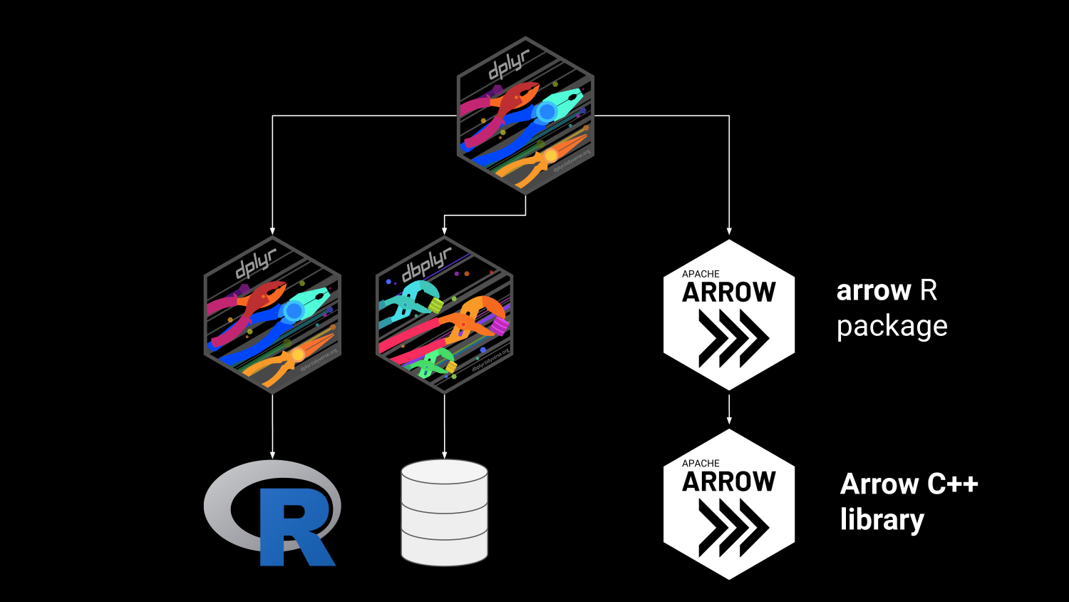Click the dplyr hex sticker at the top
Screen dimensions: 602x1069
(525, 116)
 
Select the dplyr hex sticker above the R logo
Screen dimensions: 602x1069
(272, 315)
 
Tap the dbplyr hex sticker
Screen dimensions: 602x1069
(444, 315)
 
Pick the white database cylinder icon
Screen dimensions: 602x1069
(444, 511)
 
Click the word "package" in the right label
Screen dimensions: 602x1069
(892, 327)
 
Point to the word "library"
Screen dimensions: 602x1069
(882, 520)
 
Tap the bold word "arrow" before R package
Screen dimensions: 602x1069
(874, 291)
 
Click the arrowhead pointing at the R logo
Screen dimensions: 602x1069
(272, 454)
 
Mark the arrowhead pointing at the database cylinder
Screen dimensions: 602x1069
(444, 454)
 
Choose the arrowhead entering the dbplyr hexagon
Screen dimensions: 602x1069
(444, 230)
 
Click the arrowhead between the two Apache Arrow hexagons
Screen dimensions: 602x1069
(728, 421)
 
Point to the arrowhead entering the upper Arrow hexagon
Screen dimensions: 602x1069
(728, 230)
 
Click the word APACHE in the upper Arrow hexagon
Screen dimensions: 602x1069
(701, 274)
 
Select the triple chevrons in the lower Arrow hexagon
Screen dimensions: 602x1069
(733, 527)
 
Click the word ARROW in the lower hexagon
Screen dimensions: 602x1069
(728, 482)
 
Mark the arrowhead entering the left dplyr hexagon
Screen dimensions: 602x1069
(272, 230)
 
